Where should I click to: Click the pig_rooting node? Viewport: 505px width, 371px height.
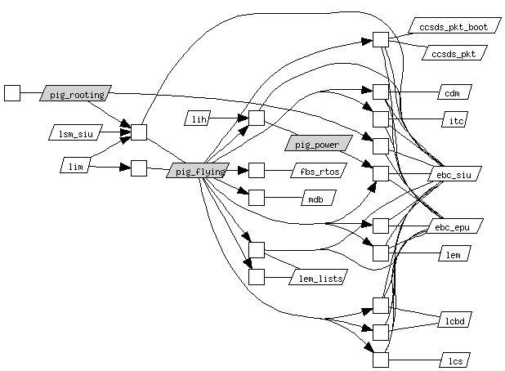click(x=76, y=94)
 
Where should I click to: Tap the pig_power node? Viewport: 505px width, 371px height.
click(x=318, y=144)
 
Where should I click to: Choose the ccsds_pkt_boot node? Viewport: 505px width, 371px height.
click(x=454, y=27)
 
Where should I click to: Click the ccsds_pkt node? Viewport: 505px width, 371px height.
click(x=454, y=53)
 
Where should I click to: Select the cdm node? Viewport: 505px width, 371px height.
click(x=453, y=92)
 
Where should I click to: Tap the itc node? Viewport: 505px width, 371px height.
click(x=453, y=120)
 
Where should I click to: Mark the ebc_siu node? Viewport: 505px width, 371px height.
click(x=454, y=174)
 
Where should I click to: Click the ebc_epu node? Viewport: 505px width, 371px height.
click(x=454, y=226)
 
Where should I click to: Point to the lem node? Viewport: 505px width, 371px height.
click(x=453, y=255)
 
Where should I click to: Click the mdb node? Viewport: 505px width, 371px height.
click(x=314, y=198)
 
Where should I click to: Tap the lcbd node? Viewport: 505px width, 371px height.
click(x=454, y=320)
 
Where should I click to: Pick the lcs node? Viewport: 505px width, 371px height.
click(x=454, y=359)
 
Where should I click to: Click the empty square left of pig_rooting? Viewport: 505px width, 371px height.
click(x=12, y=92)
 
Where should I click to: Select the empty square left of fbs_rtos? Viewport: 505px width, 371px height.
click(x=257, y=170)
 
